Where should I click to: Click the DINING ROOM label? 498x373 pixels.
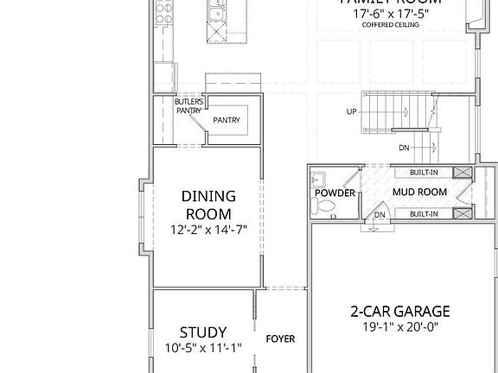[207, 205]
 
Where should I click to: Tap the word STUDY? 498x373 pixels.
[203, 332]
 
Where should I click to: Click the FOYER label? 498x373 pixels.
[280, 338]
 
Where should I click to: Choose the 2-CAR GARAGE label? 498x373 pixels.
[399, 311]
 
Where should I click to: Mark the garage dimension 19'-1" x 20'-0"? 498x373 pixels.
[399, 327]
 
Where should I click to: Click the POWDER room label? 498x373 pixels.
[335, 193]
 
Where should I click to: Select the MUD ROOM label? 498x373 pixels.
[418, 192]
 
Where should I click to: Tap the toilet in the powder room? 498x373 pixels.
[323, 206]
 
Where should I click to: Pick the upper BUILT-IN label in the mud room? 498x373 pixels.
[424, 172]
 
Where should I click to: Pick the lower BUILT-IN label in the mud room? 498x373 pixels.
[424, 212]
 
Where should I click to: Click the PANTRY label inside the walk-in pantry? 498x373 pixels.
[227, 120]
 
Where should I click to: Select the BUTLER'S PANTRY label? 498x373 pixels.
[188, 105]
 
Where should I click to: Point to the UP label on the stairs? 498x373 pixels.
[351, 112]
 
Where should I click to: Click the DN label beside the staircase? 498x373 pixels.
[404, 148]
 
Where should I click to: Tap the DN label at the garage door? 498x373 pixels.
[379, 214]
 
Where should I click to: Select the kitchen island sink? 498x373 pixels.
[216, 13]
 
